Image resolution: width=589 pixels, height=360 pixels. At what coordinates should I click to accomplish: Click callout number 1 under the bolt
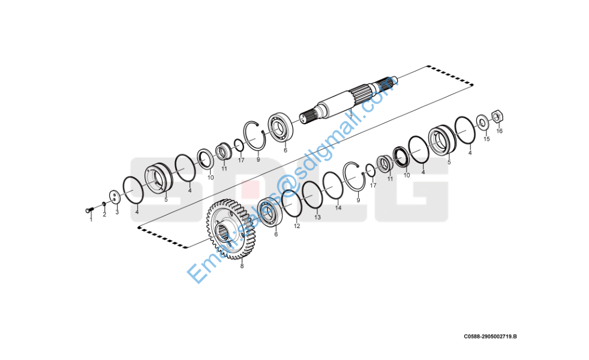(91, 220)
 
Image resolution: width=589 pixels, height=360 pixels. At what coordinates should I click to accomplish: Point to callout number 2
(104, 215)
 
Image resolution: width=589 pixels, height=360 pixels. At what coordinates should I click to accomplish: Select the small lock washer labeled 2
(104, 205)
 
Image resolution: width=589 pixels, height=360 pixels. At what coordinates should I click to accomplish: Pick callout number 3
(117, 212)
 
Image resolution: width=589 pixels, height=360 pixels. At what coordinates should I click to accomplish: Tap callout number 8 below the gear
(242, 266)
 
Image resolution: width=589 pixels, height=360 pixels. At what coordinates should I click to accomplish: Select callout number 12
(297, 226)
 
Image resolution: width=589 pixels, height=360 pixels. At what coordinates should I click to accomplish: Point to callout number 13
(317, 217)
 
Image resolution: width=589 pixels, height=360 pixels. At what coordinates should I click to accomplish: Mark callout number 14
(338, 208)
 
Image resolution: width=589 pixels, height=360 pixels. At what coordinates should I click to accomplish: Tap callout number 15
(486, 139)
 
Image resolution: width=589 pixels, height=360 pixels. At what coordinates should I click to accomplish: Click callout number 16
(499, 131)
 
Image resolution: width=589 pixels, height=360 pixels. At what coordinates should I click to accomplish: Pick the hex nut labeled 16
(497, 116)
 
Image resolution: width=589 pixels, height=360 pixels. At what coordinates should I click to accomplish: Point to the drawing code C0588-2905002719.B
(490, 337)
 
